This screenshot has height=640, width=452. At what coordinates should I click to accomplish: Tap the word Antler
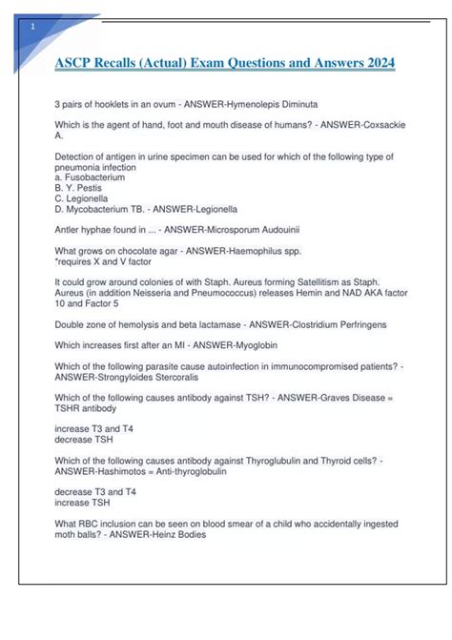click(70, 230)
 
